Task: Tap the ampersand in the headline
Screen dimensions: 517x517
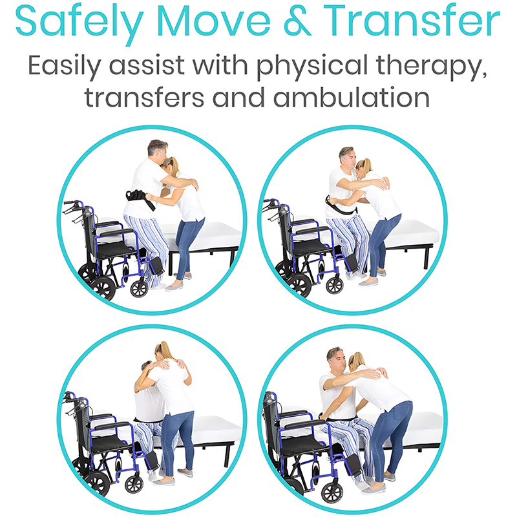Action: coord(297,21)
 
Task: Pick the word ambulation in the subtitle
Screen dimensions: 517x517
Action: coord(352,97)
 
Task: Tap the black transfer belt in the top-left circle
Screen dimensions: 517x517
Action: coord(140,198)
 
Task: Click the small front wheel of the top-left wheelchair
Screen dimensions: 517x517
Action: coord(139,289)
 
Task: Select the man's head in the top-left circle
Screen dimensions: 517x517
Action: coord(158,150)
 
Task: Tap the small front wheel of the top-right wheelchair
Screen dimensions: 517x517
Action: coord(335,285)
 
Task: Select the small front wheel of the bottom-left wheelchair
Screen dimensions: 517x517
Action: coord(134,484)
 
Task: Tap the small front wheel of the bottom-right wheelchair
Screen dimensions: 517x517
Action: coord(332,492)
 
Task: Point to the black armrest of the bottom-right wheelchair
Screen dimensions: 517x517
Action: coord(304,424)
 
